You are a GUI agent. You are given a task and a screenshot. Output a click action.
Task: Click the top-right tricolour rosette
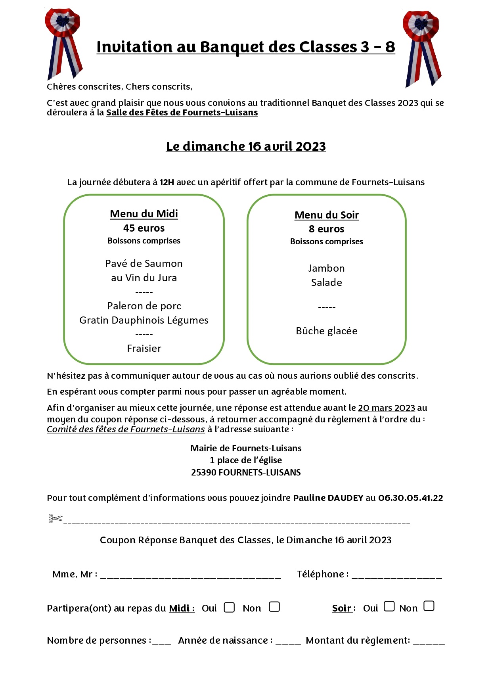click(422, 48)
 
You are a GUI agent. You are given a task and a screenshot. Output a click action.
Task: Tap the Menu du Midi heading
click(144, 214)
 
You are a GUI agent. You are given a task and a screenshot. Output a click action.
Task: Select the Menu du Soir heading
click(326, 215)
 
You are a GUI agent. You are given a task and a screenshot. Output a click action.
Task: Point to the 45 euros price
click(144, 228)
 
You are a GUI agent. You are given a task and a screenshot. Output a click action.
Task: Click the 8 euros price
click(326, 229)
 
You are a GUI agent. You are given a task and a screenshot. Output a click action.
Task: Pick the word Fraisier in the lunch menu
click(144, 348)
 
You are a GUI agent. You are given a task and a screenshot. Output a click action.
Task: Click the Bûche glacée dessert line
click(326, 331)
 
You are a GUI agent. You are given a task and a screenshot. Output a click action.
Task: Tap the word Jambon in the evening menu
click(326, 268)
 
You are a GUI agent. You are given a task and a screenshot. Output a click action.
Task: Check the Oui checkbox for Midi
click(229, 607)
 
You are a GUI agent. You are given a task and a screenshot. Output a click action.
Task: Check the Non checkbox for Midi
click(274, 607)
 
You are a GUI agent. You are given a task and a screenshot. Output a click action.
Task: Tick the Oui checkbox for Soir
click(389, 606)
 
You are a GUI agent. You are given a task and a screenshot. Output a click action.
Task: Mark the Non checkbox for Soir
click(429, 606)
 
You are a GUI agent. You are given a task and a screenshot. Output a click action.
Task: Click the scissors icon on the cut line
click(56, 518)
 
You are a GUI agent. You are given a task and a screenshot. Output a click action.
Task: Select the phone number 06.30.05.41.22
click(410, 498)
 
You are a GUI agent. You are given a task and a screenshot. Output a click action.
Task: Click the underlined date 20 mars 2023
click(386, 408)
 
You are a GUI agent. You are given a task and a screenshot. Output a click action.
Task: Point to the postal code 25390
click(203, 472)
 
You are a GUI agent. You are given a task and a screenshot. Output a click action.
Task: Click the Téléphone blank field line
click(396, 576)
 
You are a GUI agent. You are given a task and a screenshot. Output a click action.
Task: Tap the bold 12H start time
click(167, 182)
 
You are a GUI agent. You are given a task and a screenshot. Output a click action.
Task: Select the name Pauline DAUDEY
click(328, 498)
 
